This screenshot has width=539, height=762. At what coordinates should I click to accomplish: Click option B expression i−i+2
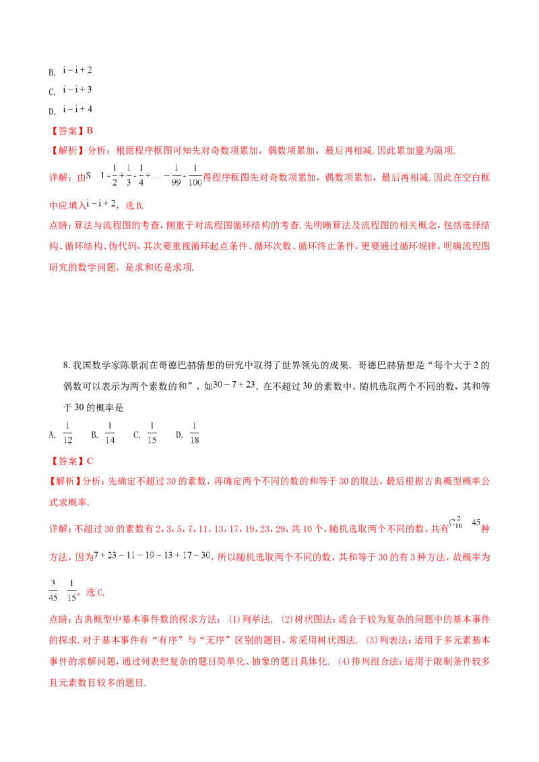tap(77, 71)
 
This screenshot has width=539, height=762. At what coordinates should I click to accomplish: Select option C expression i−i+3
tap(77, 90)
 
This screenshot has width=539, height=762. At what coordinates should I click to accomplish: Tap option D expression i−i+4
tap(77, 109)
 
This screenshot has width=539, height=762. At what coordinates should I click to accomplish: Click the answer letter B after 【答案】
tap(90, 131)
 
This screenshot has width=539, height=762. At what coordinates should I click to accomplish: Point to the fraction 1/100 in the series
tap(195, 176)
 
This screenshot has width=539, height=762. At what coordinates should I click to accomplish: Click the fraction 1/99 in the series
tap(176, 176)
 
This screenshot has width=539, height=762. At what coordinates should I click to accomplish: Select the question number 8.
tap(67, 366)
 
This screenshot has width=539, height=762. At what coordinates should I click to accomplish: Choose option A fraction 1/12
tap(67, 433)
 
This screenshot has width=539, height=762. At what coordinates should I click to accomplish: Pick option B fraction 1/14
tap(110, 433)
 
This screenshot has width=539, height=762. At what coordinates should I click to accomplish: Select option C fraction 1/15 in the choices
tap(152, 433)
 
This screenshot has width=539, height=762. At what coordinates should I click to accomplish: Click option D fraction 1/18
tap(195, 433)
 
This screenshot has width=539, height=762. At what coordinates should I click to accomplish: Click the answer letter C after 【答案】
tap(90, 461)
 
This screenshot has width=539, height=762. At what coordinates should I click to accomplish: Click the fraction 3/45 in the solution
tap(53, 590)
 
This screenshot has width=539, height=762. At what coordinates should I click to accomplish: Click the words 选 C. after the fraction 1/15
tap(96, 592)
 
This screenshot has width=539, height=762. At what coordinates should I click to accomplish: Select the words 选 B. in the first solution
tap(135, 205)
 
